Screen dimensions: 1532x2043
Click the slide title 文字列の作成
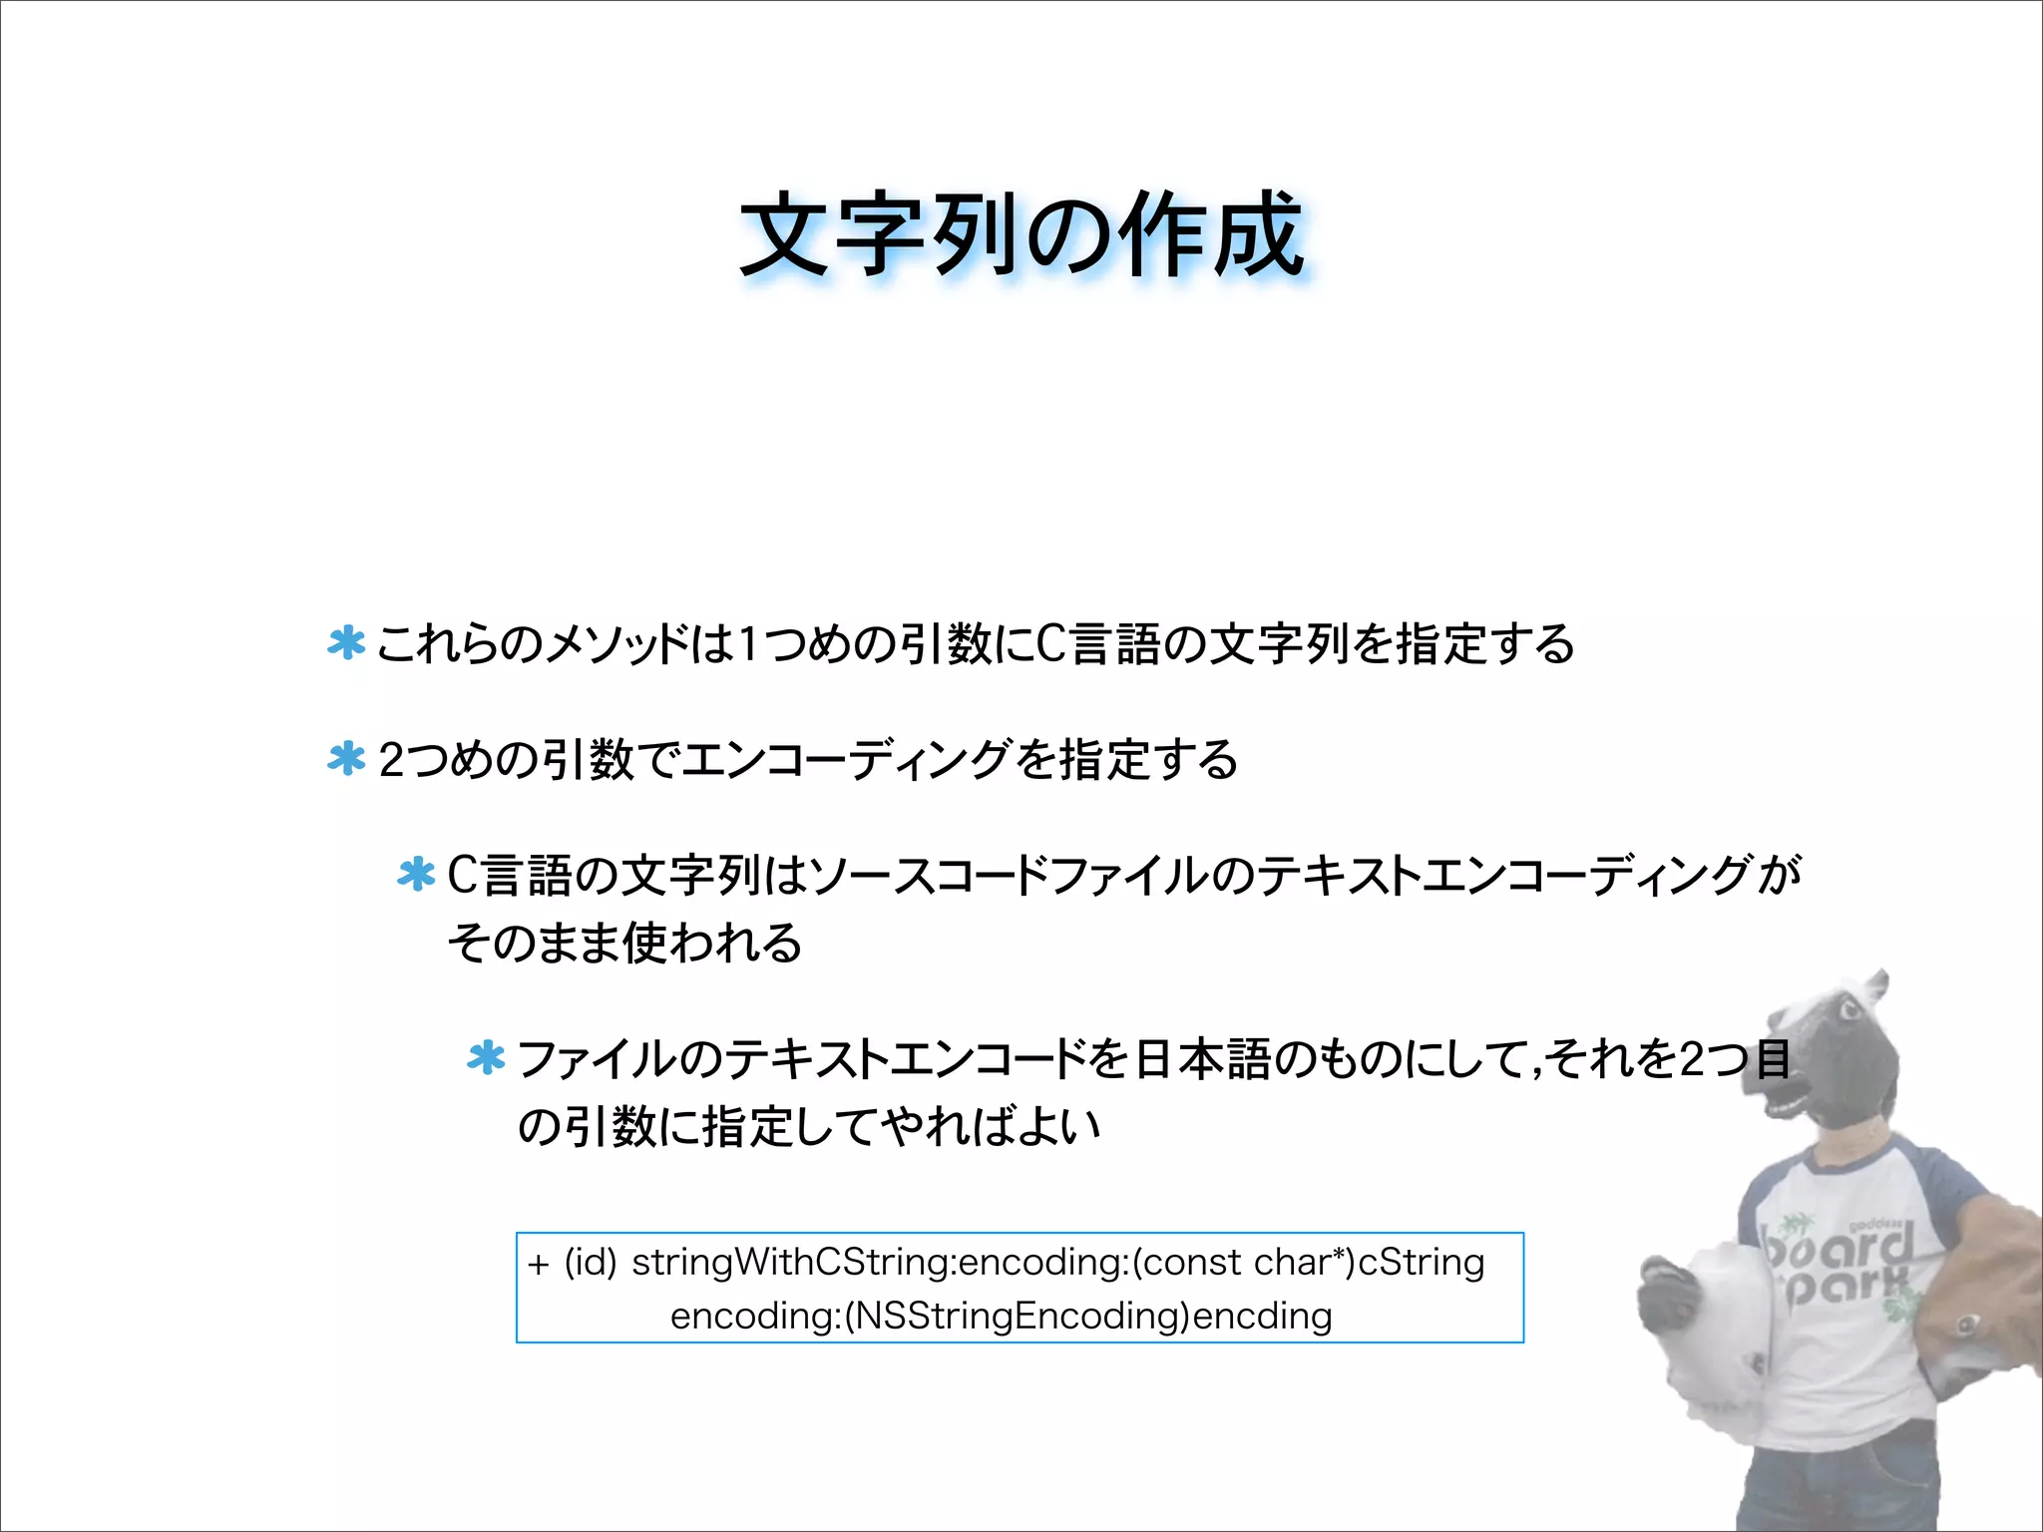(1021, 235)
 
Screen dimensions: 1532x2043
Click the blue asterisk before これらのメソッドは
(346, 643)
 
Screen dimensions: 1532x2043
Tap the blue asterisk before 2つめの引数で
(346, 759)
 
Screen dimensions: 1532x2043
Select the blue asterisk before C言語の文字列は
(416, 875)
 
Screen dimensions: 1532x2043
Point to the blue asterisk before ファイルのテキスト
(486, 1058)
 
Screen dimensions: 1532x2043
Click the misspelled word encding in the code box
(1263, 1317)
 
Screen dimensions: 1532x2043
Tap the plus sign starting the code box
(539, 1265)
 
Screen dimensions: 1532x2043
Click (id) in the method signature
(591, 1263)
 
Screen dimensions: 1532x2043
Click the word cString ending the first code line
(1422, 1263)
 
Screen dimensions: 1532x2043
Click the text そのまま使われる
(624, 944)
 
